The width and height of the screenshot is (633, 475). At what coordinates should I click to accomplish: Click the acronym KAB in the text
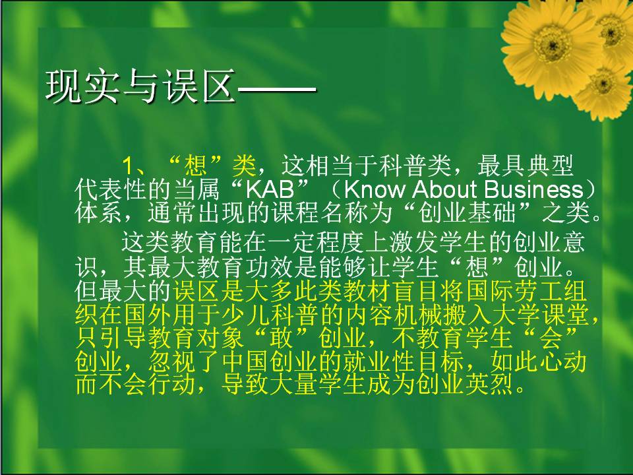[270, 189]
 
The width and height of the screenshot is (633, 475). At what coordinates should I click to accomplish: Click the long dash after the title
[277, 86]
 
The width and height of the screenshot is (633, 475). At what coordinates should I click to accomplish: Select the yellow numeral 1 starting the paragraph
[127, 166]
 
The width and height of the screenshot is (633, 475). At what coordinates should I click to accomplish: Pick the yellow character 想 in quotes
[196, 166]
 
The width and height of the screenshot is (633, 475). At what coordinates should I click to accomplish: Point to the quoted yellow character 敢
[282, 338]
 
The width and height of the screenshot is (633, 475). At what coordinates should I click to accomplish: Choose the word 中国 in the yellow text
[246, 361]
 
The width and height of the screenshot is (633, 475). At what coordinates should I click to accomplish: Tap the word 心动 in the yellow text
[562, 361]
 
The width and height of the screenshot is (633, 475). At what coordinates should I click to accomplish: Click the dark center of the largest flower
[551, 44]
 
